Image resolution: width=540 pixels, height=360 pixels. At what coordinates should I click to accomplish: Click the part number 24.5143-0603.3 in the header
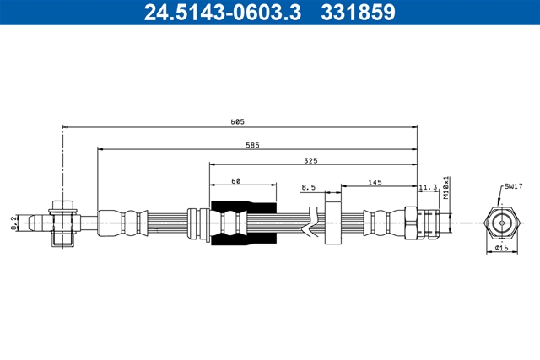tap(223, 13)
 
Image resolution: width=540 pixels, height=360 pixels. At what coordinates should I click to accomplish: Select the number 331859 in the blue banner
tap(358, 13)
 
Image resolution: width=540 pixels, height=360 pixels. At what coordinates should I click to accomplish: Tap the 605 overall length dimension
tap(237, 122)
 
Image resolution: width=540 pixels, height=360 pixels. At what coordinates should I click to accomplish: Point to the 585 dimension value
tap(252, 145)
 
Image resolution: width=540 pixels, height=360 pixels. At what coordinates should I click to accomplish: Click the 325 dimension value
tap(310, 161)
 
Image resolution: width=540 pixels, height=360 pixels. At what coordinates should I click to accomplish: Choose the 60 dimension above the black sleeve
tap(236, 181)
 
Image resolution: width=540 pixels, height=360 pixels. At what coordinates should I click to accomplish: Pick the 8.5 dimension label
tap(308, 187)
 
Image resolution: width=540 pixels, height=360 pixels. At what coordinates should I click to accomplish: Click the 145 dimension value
tap(375, 182)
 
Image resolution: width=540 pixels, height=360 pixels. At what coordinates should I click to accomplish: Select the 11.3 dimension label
tap(428, 187)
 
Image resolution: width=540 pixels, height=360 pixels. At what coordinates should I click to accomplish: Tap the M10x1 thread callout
tap(446, 188)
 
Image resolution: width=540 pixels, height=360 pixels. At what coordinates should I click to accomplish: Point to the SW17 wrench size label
tap(513, 186)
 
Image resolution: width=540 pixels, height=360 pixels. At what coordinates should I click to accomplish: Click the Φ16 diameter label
tap(501, 248)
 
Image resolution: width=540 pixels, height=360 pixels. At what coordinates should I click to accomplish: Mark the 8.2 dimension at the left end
tap(13, 223)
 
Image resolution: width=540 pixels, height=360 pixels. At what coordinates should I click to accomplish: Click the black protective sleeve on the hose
tap(244, 223)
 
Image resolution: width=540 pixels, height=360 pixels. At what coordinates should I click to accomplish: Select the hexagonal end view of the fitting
tap(502, 223)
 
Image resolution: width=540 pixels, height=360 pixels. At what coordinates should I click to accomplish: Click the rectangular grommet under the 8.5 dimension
tap(333, 223)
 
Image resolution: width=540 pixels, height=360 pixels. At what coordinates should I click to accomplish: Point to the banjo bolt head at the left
tap(62, 207)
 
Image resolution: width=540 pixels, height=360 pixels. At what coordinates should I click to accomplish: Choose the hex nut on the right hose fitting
tap(411, 223)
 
